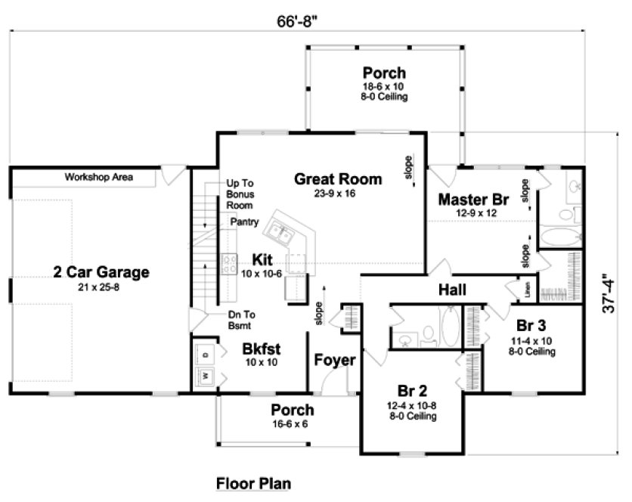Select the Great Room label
(338, 179)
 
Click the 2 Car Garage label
(101, 271)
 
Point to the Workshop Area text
(98, 178)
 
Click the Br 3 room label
(531, 327)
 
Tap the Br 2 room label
(413, 391)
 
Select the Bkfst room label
(262, 350)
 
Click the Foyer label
(335, 360)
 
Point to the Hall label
(452, 290)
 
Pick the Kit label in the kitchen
(262, 259)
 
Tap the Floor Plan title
(253, 483)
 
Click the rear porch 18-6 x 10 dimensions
(383, 87)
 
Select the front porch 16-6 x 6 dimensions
(293, 423)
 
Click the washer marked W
(203, 375)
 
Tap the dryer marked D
(204, 352)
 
